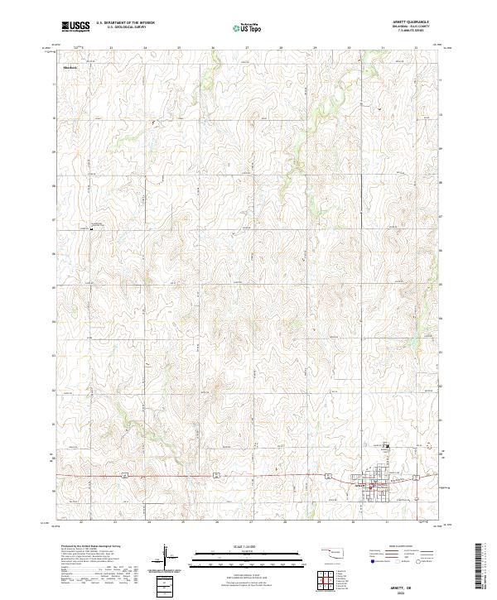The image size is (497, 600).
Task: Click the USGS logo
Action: [75, 27]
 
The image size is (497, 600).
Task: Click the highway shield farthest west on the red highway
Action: [123, 474]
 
